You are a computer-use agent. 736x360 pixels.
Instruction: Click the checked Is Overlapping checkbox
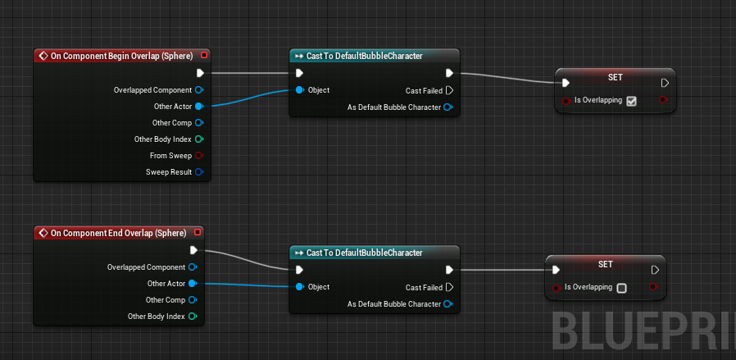[631, 101]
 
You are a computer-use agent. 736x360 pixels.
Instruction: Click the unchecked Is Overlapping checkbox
[621, 288]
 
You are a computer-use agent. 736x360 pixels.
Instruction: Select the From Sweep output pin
[198, 156]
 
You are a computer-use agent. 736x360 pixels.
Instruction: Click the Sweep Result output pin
[198, 172]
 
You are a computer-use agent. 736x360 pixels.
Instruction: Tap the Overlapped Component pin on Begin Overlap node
[198, 90]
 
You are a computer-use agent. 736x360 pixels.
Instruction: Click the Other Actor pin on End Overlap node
[192, 284]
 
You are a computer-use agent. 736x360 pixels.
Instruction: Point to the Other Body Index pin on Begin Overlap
[198, 139]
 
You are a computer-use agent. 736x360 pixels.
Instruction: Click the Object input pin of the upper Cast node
[299, 90]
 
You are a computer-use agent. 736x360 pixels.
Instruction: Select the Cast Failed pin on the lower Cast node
[449, 288]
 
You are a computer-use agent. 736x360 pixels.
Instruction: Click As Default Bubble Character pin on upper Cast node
[448, 107]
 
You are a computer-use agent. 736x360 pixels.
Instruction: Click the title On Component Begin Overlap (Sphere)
[121, 56]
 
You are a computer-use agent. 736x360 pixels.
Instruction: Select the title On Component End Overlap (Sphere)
[118, 233]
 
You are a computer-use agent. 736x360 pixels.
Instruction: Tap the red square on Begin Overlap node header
[204, 56]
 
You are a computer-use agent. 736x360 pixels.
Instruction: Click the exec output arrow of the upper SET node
[665, 83]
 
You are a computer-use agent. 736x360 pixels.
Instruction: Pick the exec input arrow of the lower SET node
[557, 270]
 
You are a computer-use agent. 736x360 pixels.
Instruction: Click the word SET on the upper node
[615, 77]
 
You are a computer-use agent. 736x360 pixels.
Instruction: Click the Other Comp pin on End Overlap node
[192, 300]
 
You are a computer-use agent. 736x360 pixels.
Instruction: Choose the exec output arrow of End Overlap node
[193, 250]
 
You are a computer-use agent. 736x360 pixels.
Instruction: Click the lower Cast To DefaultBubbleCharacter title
[364, 253]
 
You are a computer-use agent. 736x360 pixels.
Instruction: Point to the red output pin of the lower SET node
[652, 287]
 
